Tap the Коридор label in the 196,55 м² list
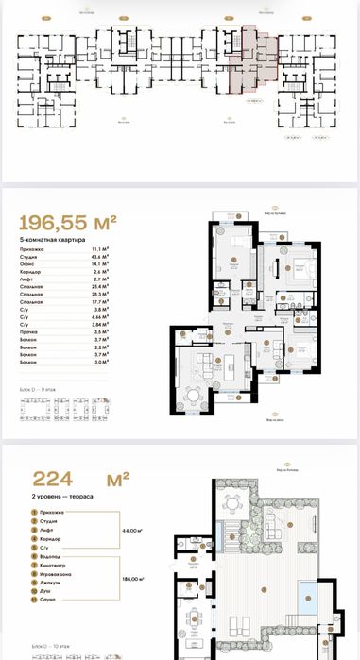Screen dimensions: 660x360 click(31, 272)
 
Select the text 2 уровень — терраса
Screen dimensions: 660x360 click(55, 499)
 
